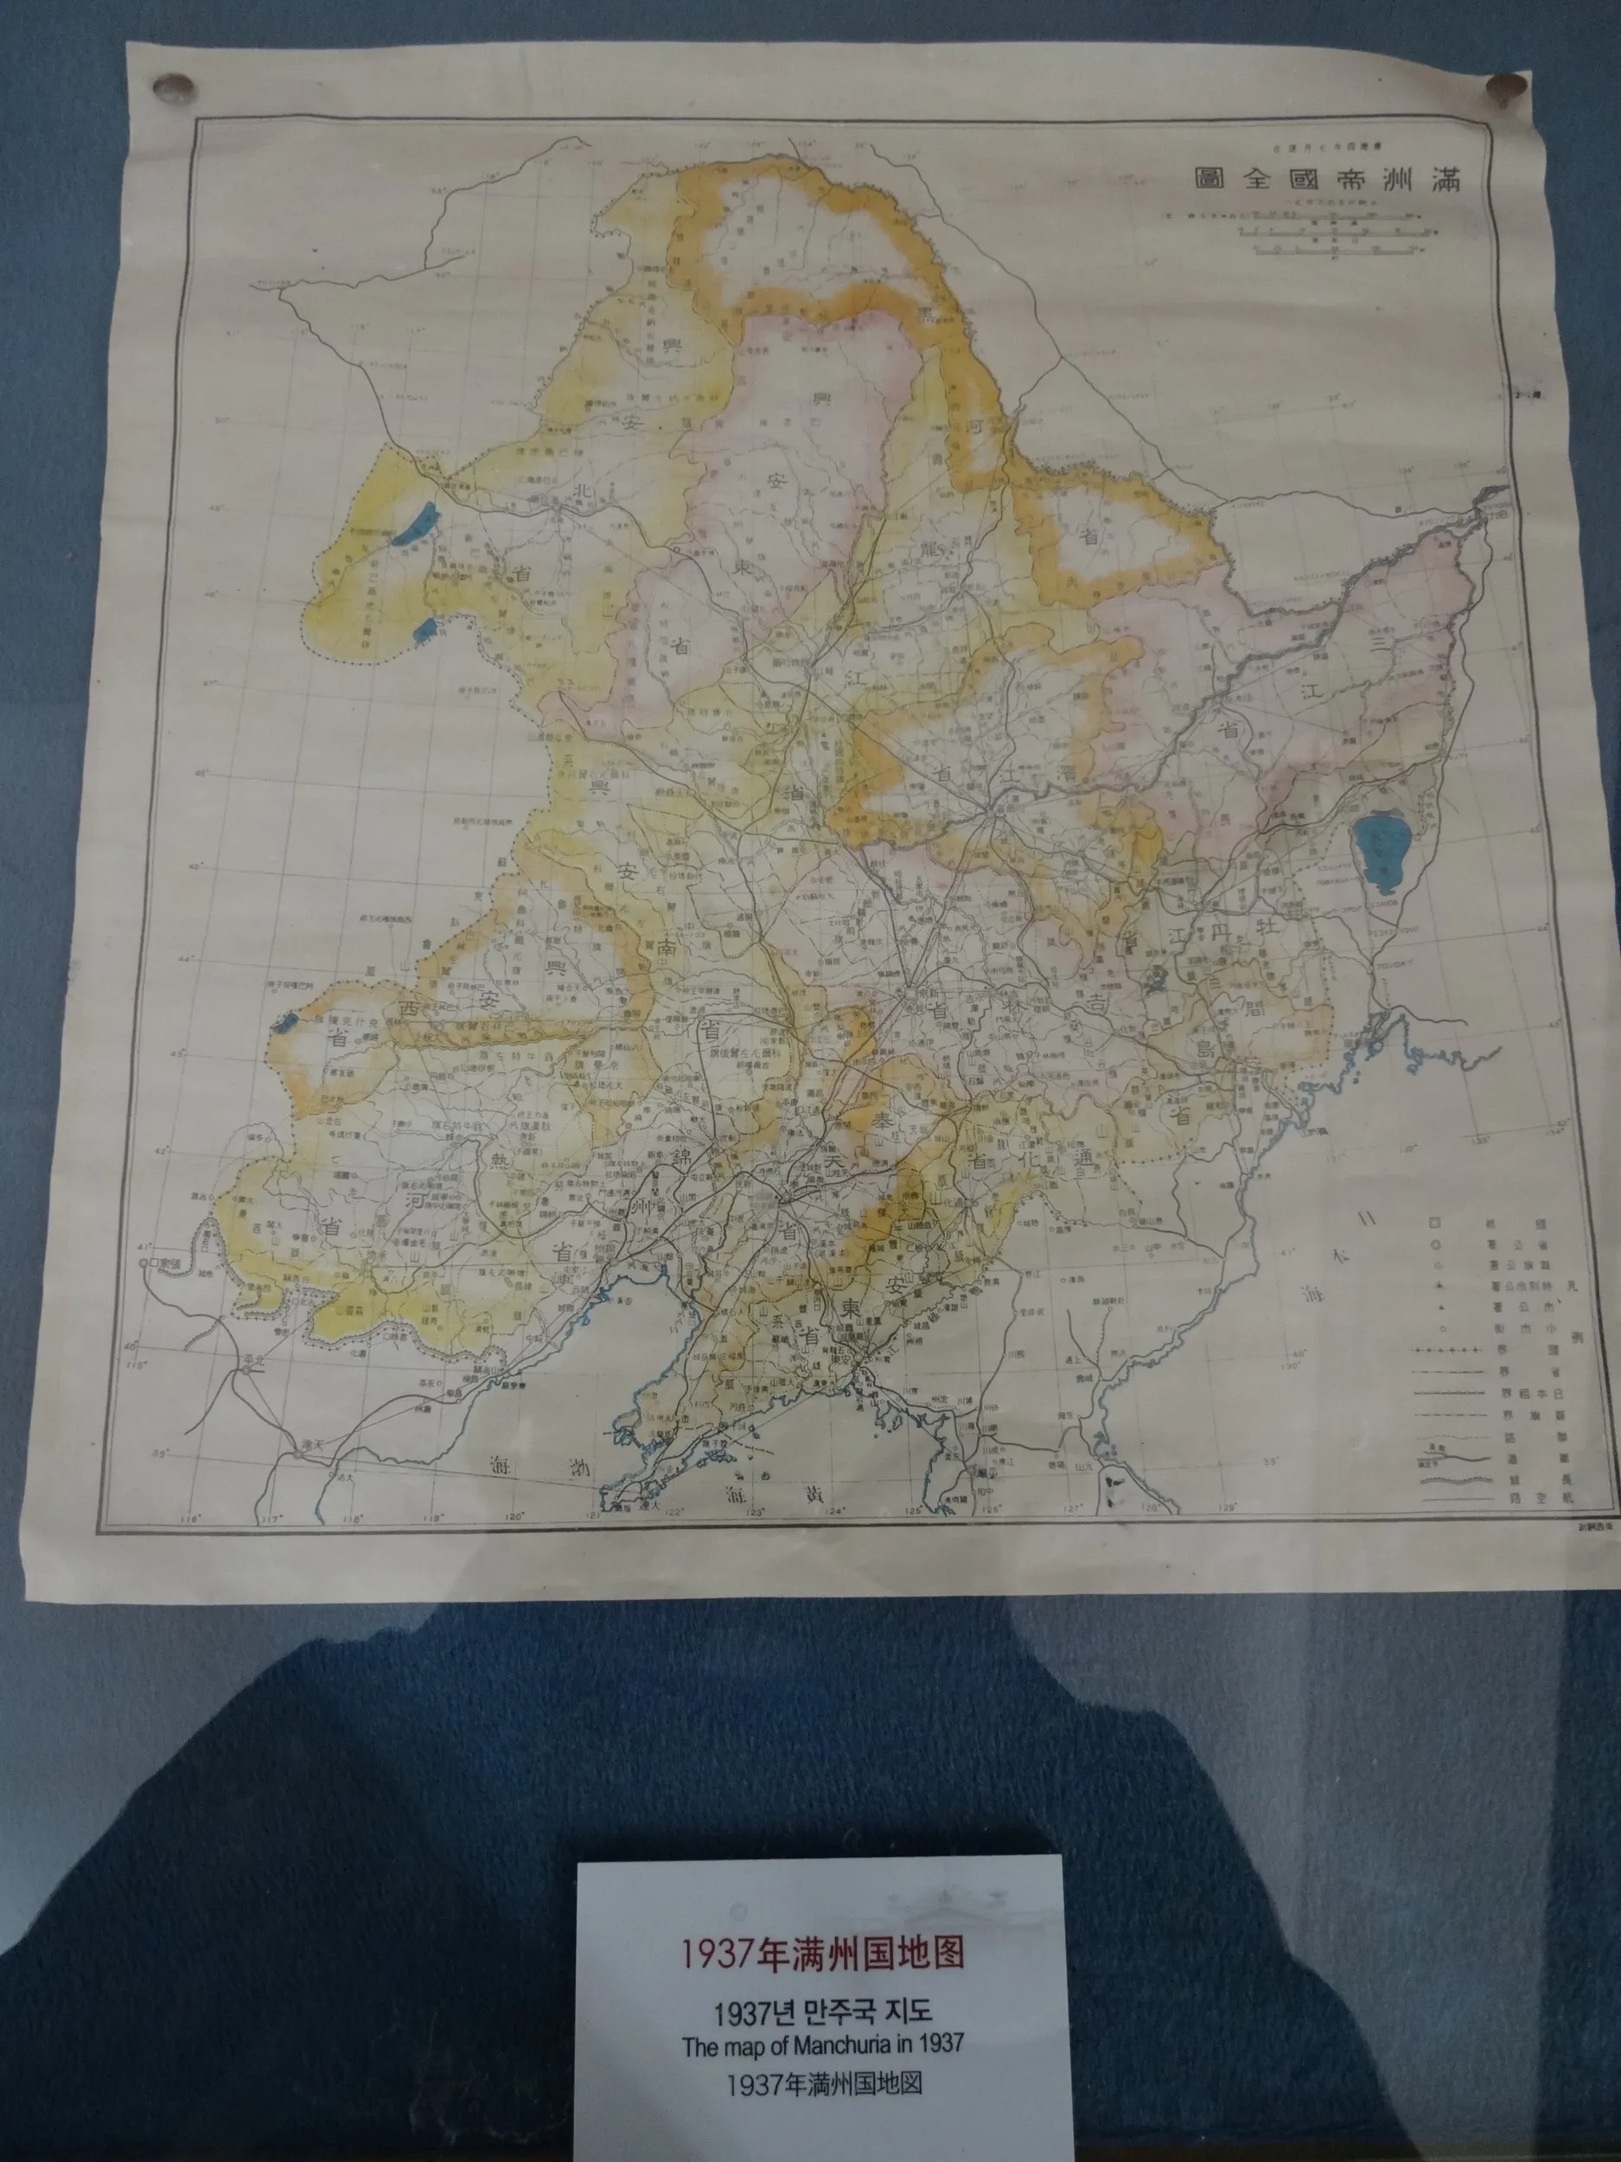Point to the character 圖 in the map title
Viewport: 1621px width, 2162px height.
(x=1206, y=179)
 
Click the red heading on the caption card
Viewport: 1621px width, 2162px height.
(x=821, y=1924)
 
